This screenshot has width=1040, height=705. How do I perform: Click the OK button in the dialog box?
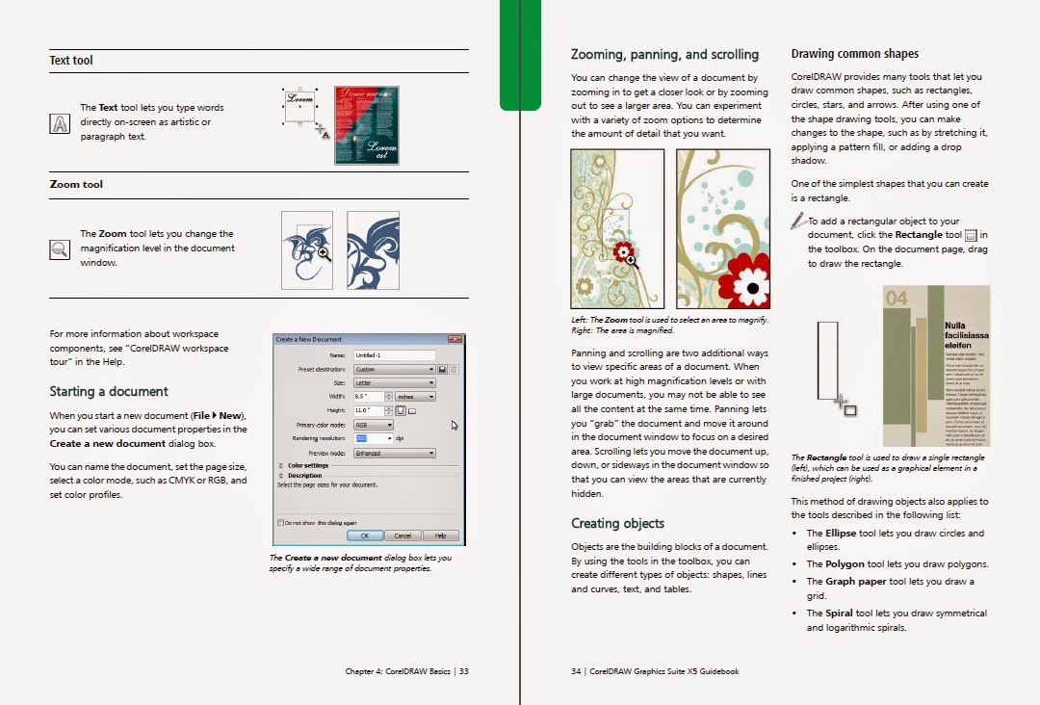364,535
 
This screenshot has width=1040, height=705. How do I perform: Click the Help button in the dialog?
440,535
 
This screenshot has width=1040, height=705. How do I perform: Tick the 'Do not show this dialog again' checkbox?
280,523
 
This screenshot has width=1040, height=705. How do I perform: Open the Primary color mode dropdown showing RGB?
374,425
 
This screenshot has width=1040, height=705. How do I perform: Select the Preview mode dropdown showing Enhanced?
394,453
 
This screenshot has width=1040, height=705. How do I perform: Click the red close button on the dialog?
456,339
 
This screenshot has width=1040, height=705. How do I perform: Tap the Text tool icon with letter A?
60,123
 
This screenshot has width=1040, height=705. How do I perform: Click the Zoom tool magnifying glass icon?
60,248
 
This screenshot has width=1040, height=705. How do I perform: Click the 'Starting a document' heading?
109,392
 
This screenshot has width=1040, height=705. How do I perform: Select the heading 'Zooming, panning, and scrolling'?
664,55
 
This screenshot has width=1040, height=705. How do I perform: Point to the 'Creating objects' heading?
617,524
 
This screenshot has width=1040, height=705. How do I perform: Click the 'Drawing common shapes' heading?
854,54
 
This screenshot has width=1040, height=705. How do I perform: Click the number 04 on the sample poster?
897,299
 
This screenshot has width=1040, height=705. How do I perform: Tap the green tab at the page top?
520,53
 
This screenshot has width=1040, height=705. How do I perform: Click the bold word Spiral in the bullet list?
839,613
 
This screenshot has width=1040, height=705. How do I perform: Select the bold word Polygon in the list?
844,564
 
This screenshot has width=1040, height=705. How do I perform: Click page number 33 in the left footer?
463,671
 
